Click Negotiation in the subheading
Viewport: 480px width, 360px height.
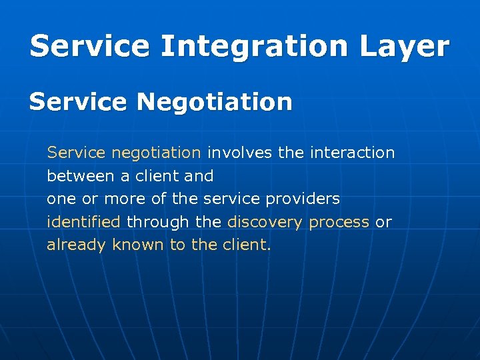215,102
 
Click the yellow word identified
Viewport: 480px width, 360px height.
83,222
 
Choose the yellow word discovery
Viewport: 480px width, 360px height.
265,222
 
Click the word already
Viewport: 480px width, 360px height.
76,245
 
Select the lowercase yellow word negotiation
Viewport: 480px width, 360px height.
155,153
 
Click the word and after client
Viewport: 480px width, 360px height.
199,176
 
